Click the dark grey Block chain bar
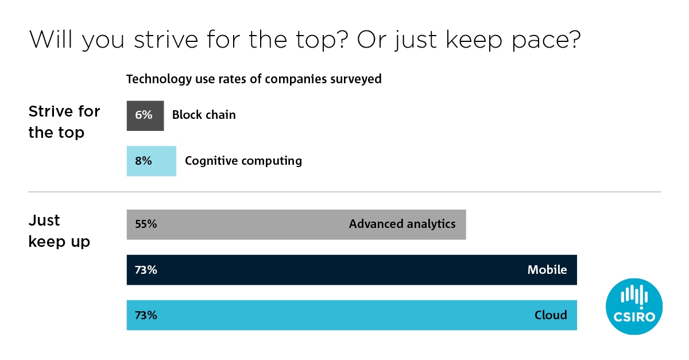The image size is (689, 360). point(145,115)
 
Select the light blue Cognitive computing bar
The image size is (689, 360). point(152,161)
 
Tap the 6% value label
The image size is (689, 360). point(144,115)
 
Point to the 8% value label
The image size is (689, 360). point(144,161)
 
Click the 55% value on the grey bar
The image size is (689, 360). point(146,224)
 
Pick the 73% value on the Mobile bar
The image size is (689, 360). point(146,270)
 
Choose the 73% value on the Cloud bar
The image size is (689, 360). point(146,315)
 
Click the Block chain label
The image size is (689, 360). point(204,115)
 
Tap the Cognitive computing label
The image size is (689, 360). point(243,161)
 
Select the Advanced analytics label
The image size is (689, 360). point(402,224)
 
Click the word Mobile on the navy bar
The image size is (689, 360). point(547,269)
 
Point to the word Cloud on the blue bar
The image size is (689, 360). point(551,315)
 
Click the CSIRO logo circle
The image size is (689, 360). point(634,307)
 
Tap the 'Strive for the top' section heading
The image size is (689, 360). point(64,122)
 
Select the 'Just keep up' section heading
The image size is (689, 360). point(59,231)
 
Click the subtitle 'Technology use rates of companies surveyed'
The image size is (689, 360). point(254,79)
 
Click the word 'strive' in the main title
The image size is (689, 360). point(166,40)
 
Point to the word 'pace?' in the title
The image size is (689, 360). point(547,40)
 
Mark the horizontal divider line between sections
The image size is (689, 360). point(344,192)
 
